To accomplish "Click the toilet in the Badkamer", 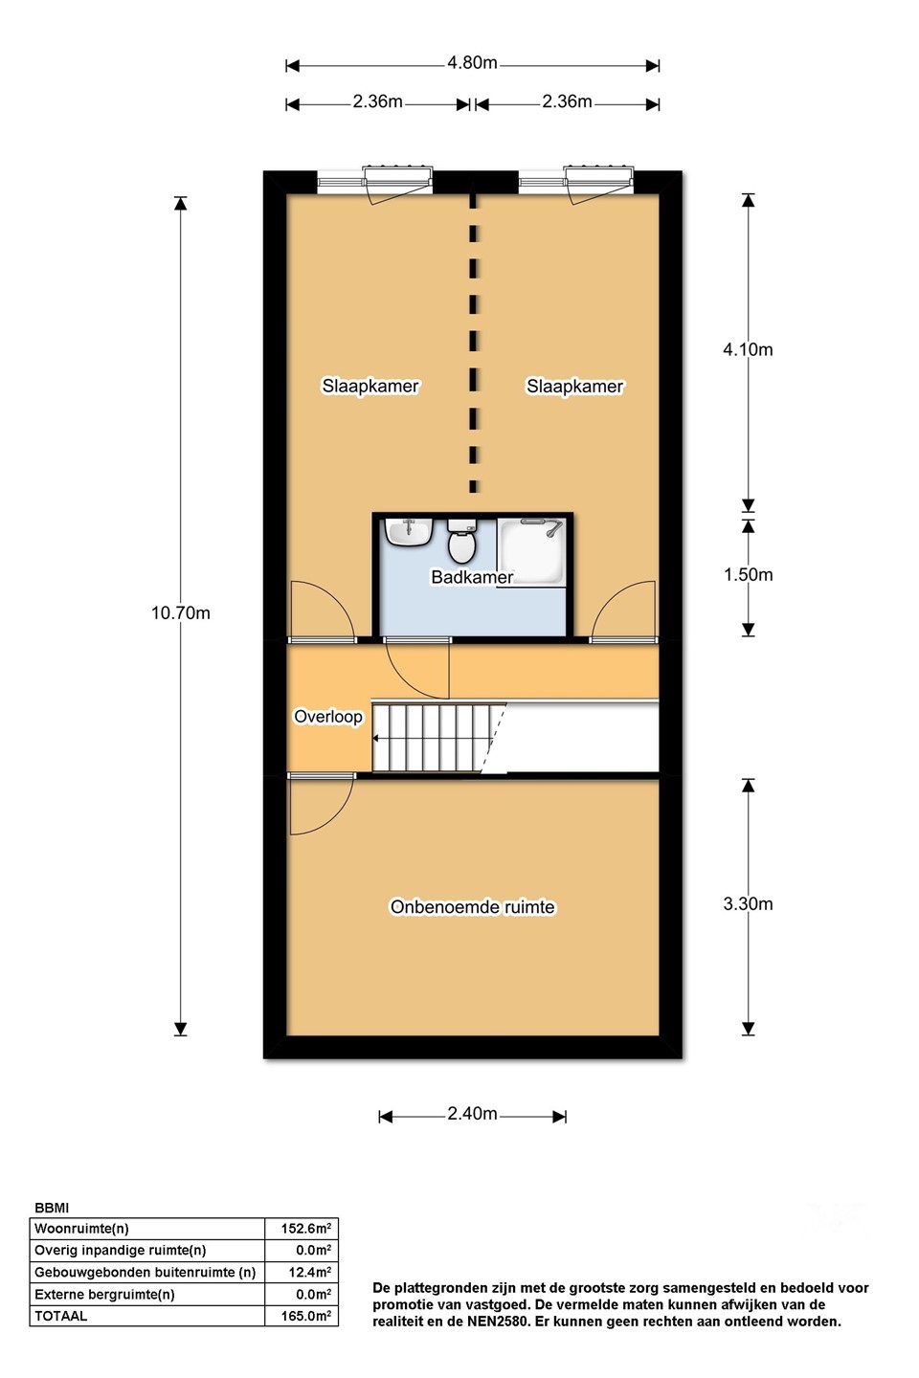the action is tap(460, 541).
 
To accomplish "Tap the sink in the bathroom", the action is tap(408, 532).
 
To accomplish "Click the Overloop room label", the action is tap(328, 718).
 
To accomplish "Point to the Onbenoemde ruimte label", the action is tap(472, 907).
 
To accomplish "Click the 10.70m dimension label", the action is tap(180, 612).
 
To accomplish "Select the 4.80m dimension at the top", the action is tap(472, 63).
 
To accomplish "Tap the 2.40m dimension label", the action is tap(472, 1114).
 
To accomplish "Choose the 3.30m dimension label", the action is tap(748, 903).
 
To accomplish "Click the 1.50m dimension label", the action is tap(748, 574).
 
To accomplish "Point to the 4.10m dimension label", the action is tap(748, 349).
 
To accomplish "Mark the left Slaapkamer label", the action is tap(370, 387).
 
